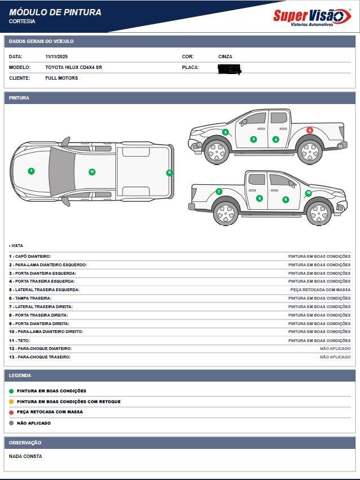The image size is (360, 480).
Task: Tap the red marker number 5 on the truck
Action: click(310, 130)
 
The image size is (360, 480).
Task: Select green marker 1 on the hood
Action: click(31, 171)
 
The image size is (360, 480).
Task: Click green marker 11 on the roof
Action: click(92, 172)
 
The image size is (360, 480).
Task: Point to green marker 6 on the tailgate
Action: click(169, 173)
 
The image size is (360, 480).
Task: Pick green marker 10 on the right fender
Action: click(308, 193)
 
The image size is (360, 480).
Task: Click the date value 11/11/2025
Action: click(56, 57)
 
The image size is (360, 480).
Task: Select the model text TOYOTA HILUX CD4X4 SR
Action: click(73, 67)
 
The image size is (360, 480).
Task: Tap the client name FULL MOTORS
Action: click(62, 78)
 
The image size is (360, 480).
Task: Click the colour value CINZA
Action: click(225, 57)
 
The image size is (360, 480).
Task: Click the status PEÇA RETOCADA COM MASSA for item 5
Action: click(320, 289)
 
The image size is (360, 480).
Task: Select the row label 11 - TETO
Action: click(19, 340)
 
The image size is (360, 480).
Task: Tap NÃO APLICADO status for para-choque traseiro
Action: click(335, 357)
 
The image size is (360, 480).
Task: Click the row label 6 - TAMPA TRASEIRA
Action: click(30, 298)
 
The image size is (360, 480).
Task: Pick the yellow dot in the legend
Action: click(11, 401)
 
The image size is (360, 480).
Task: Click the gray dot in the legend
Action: click(11, 423)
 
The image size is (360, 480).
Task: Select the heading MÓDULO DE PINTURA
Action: click(55, 12)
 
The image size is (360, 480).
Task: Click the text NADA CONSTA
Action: click(25, 456)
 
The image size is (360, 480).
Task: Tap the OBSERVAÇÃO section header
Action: click(25, 443)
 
